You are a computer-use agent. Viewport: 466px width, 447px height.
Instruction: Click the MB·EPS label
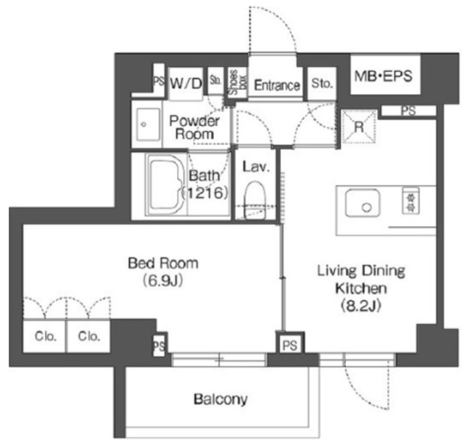click(384, 76)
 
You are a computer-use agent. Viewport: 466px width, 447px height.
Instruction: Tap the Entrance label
click(277, 85)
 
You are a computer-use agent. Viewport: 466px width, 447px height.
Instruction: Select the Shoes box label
click(238, 82)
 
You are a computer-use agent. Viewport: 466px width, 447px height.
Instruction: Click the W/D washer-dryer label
click(186, 84)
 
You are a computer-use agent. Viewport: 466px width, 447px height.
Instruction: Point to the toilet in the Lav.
click(254, 200)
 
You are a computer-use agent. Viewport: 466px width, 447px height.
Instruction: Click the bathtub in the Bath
click(165, 184)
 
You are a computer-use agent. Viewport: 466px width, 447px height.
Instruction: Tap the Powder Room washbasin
click(148, 124)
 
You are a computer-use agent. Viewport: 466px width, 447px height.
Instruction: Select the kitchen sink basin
click(363, 203)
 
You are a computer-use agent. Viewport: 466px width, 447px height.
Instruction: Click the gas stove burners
click(411, 200)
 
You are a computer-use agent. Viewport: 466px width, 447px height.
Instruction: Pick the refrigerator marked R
click(359, 127)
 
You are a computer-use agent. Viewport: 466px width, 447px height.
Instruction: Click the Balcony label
click(221, 400)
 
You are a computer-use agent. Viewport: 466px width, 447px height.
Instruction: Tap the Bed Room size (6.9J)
click(162, 280)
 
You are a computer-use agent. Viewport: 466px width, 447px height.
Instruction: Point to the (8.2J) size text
click(361, 306)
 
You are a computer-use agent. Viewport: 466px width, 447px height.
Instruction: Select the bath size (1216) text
click(205, 194)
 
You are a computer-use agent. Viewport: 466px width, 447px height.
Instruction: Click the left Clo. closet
click(45, 336)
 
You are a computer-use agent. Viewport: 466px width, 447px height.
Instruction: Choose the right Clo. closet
click(89, 336)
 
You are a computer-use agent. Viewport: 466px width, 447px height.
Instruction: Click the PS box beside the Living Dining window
click(290, 345)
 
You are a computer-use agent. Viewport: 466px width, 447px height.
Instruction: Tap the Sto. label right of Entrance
click(322, 83)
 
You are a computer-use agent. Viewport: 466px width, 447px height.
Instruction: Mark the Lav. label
click(256, 167)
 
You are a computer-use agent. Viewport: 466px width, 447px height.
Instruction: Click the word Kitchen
click(361, 288)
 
